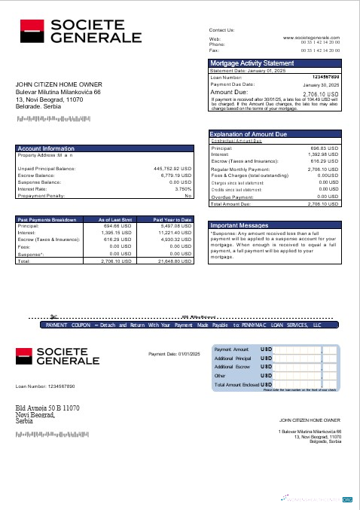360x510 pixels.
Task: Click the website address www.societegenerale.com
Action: pos(312,36)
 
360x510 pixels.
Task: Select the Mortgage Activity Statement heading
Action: pos(252,63)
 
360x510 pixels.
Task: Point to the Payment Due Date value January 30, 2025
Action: pos(322,84)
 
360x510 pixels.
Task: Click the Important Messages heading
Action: pos(239,225)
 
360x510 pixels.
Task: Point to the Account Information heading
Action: pos(46,149)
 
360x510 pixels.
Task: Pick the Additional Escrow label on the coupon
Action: pos(233,366)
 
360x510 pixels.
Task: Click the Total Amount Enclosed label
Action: pos(241,384)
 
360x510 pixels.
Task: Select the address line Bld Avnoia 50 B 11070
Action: pos(47,408)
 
